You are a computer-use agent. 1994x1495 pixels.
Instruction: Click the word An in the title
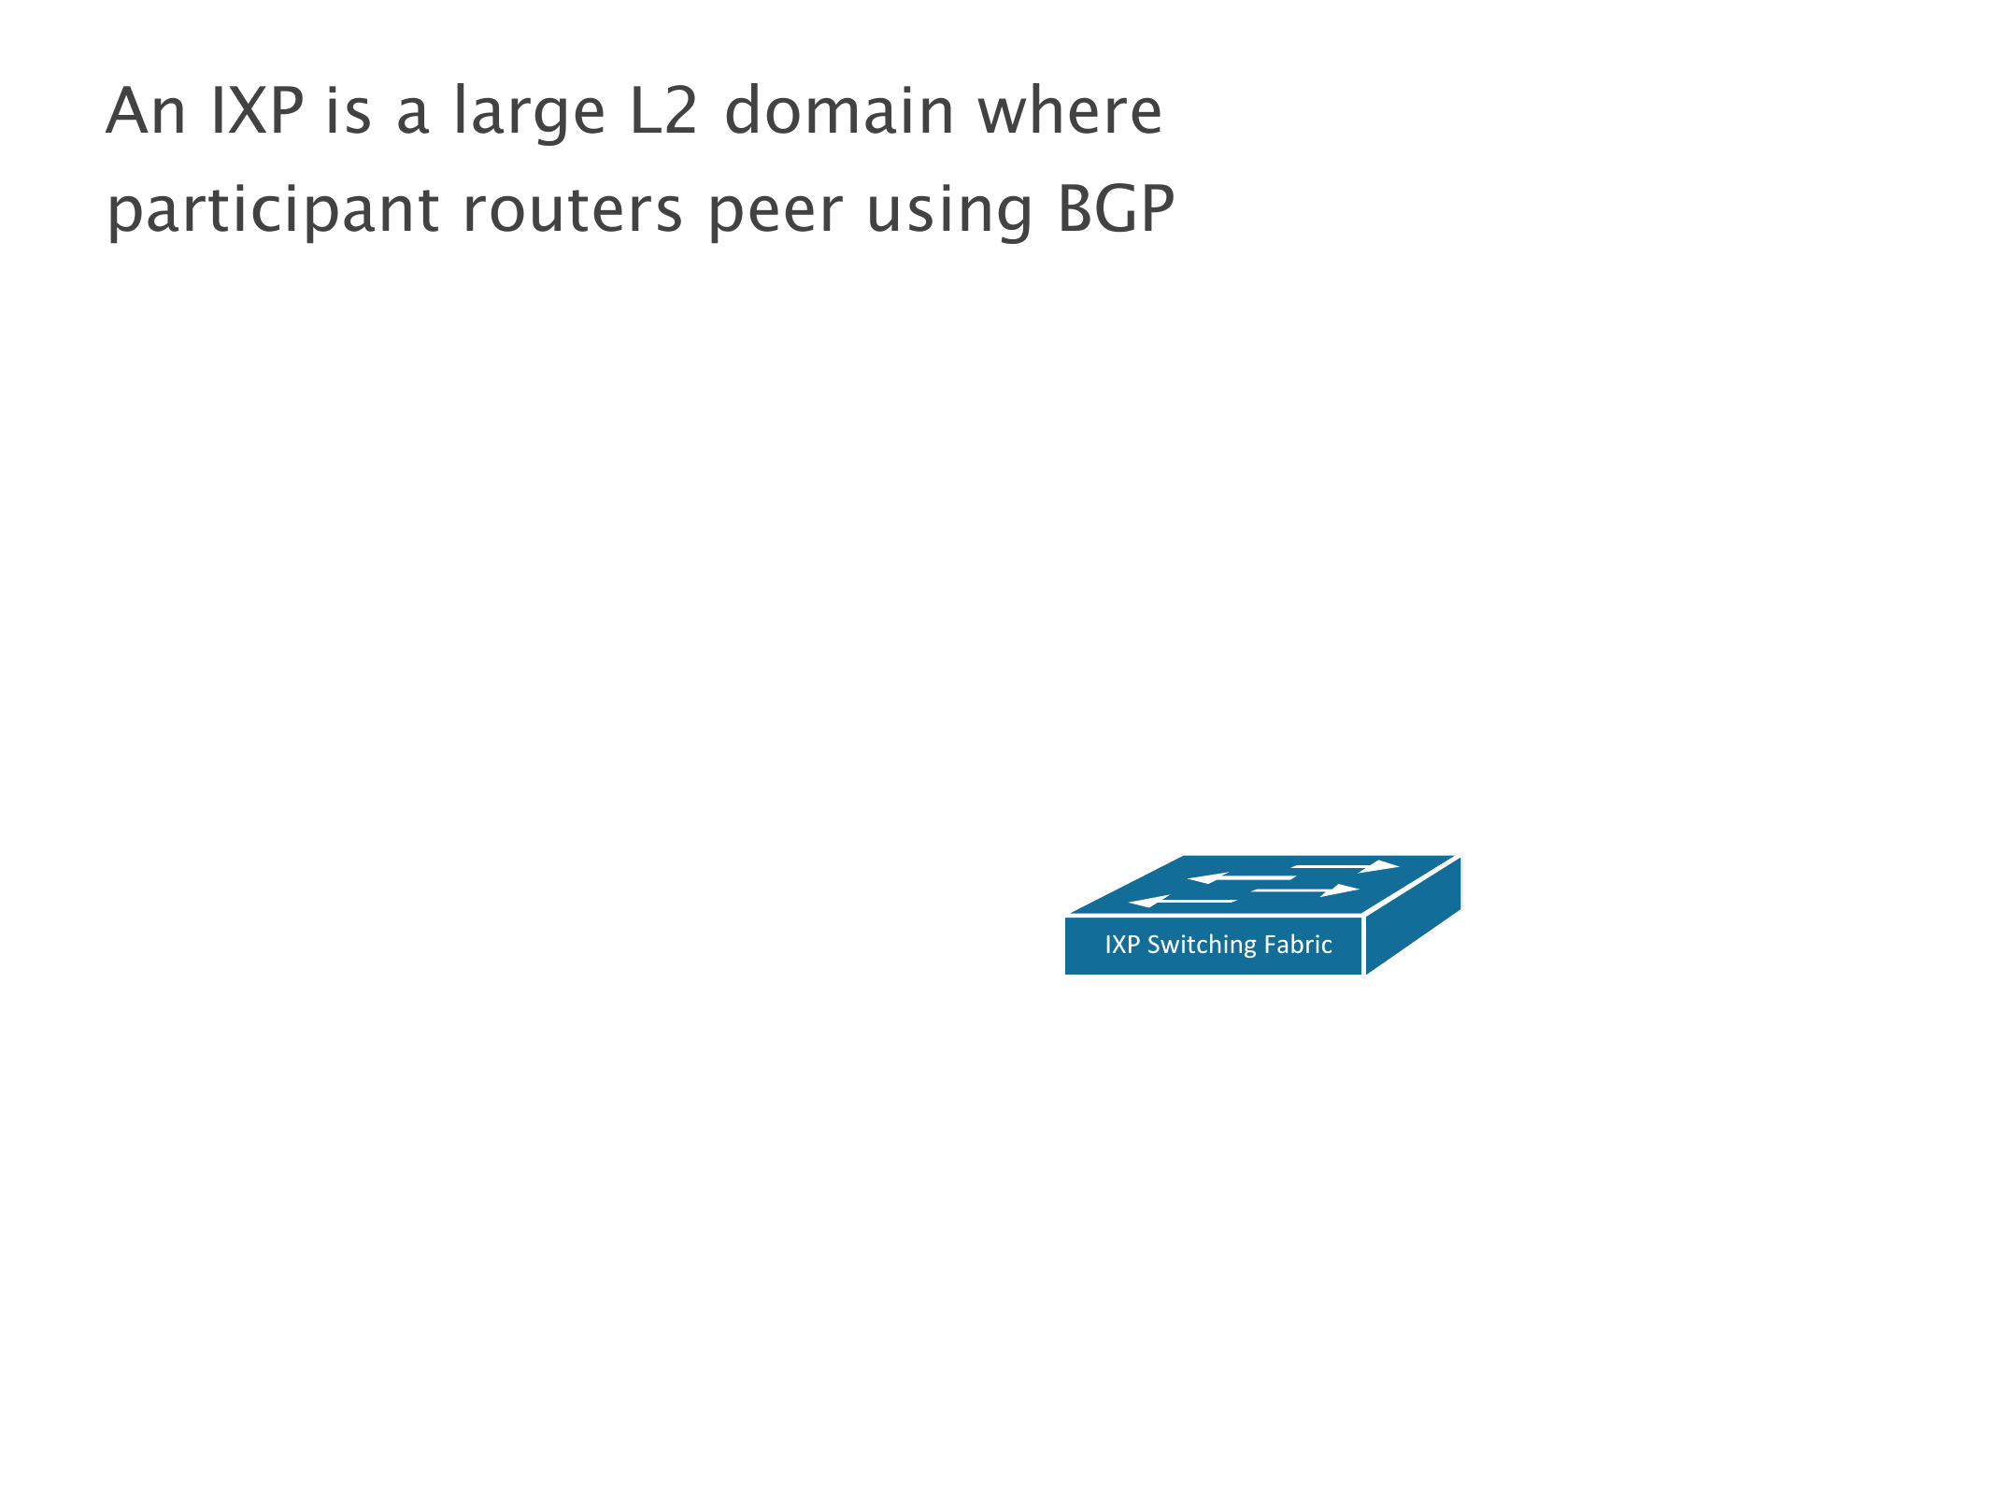pos(145,111)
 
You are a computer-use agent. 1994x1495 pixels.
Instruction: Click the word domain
pos(839,111)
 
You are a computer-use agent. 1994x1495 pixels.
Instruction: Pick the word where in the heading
pos(1070,111)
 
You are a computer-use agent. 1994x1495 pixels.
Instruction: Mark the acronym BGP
pos(1116,209)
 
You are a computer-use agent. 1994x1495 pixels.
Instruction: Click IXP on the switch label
pos(1122,945)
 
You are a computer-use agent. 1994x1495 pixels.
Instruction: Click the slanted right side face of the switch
pos(1413,916)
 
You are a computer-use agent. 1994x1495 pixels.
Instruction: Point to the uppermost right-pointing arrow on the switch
pos(1346,866)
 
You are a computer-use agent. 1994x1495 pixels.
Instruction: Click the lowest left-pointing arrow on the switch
pos(1182,902)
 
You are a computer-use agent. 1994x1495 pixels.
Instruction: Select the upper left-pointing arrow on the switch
pos(1240,878)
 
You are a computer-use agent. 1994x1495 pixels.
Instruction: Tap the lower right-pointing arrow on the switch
pos(1305,890)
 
